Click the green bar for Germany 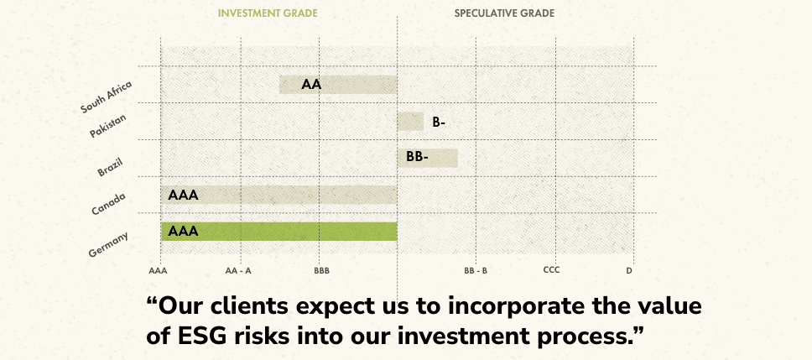(278, 232)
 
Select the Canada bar (278, 195)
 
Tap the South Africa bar (338, 85)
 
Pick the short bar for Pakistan (410, 122)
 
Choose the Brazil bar (427, 158)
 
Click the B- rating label (439, 123)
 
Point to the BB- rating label (418, 158)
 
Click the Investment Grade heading (268, 13)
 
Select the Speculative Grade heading (504, 13)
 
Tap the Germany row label (108, 244)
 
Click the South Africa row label (107, 97)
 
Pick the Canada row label (108, 204)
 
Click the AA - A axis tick (238, 270)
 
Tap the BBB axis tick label (321, 270)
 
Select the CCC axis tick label (551, 270)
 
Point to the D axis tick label (629, 270)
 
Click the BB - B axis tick (476, 270)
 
